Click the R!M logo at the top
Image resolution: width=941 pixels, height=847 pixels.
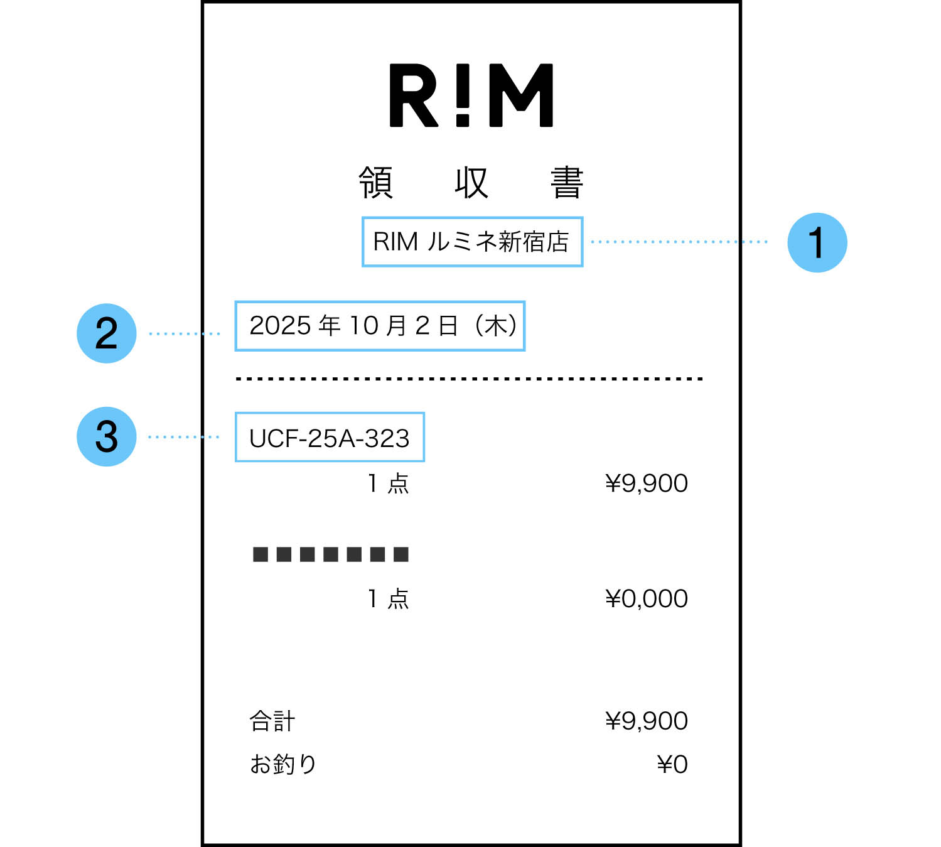pos(471,95)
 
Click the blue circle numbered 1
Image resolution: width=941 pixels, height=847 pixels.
pos(817,242)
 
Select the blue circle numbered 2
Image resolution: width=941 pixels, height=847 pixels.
pos(106,333)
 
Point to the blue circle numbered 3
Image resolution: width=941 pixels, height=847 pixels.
pos(106,436)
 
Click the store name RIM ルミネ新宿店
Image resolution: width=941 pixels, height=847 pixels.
pos(471,242)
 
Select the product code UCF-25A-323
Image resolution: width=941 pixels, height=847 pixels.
pos(330,438)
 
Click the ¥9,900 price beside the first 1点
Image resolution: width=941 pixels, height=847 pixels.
pos(646,483)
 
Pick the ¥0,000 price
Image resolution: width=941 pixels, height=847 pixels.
pos(646,599)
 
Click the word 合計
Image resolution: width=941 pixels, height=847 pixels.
pos(272,721)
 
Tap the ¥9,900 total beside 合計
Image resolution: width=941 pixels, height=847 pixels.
pos(646,721)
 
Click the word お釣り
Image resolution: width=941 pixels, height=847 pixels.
pos(283,764)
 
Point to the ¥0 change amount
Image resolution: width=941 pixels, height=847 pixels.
pos(672,765)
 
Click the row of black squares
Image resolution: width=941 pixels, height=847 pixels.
pos(330,554)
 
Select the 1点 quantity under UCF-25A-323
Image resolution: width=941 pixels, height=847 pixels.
pos(388,483)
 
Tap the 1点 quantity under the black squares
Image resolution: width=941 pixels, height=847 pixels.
pos(388,599)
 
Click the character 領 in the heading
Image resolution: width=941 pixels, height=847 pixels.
pos(376,183)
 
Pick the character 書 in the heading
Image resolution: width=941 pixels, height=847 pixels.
pos(567,183)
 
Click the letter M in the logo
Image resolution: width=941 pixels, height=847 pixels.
pos(521,95)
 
